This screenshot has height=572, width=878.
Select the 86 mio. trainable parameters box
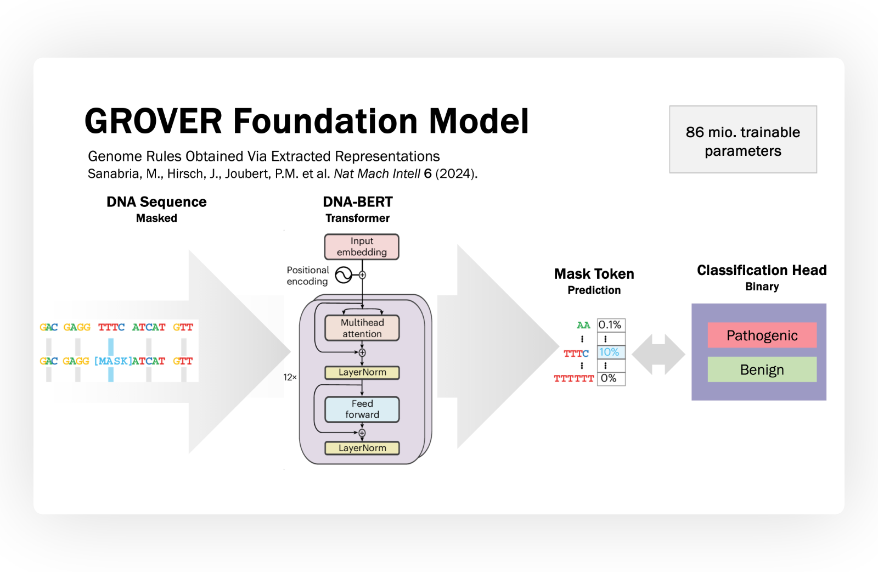[x=742, y=140]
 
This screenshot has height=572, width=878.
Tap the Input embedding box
[x=362, y=246]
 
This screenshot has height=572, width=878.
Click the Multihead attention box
[x=362, y=328]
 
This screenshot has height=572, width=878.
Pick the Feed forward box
[x=362, y=409]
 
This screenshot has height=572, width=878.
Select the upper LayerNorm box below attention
[x=362, y=372]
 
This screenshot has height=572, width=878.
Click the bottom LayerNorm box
[x=362, y=448]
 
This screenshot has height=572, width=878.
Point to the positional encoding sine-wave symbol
[x=344, y=275]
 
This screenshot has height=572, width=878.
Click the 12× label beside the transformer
[x=290, y=377]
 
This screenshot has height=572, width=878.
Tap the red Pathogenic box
[x=762, y=335]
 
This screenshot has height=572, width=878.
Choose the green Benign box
[x=762, y=369]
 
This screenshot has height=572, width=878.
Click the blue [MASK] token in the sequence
[x=112, y=361]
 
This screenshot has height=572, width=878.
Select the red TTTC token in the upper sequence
[x=111, y=327]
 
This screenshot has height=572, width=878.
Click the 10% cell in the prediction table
[x=610, y=352]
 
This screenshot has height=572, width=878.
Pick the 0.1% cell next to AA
[x=610, y=325]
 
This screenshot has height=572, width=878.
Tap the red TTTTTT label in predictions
[x=573, y=379]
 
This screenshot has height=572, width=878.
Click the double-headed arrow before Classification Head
[x=658, y=355]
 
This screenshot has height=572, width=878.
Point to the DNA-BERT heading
[x=357, y=202]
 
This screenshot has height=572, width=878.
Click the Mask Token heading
[x=594, y=274]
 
